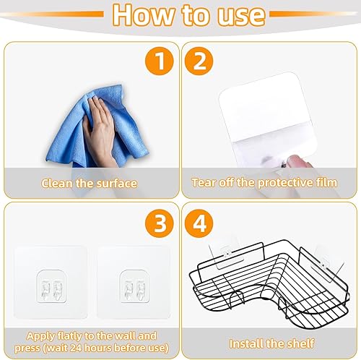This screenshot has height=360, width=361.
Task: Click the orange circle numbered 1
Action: pyautogui.click(x=160, y=61)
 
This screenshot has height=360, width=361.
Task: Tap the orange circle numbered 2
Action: pyautogui.click(x=199, y=61)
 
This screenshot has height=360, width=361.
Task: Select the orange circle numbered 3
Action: pyautogui.click(x=160, y=223)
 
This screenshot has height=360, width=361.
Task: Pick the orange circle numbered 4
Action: pyautogui.click(x=199, y=223)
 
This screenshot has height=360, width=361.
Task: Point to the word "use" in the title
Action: pyautogui.click(x=240, y=16)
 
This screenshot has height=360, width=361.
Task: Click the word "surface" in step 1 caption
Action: pyautogui.click(x=116, y=183)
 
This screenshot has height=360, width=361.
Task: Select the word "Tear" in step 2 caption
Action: pyautogui.click(x=204, y=182)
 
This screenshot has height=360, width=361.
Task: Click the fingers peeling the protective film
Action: pyautogui.click(x=298, y=161)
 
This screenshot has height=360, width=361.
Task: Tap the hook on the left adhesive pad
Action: pyautogui.click(x=51, y=286)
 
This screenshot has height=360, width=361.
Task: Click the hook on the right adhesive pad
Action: pyautogui.click(x=134, y=286)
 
